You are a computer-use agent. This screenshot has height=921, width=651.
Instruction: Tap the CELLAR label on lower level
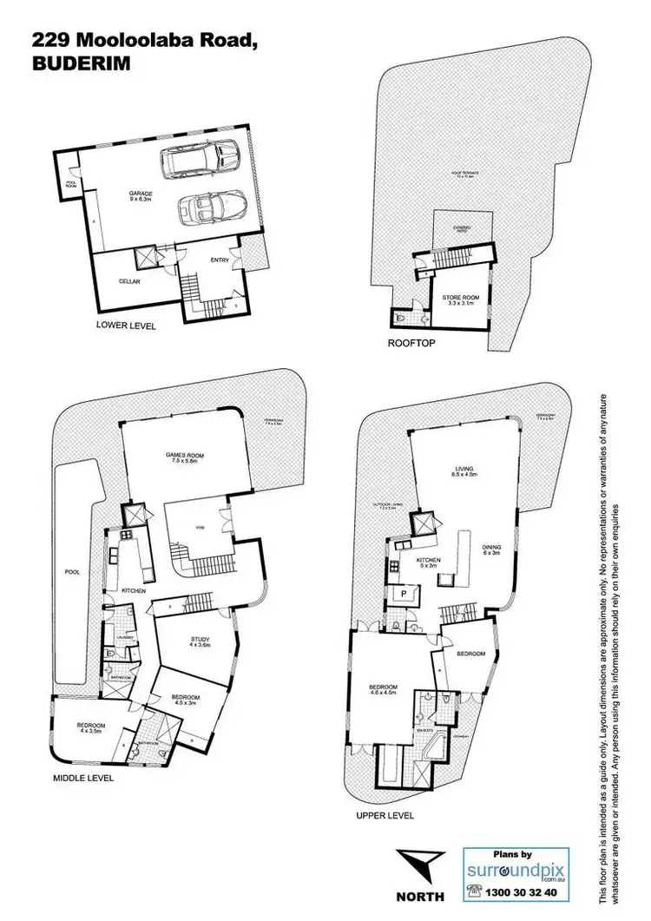point(130,281)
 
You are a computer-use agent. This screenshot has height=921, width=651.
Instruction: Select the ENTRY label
point(220,260)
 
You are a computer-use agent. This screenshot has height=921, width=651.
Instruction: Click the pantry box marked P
point(404,595)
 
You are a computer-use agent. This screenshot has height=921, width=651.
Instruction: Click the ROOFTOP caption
point(411,344)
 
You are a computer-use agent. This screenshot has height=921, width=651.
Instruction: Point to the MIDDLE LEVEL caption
point(84,779)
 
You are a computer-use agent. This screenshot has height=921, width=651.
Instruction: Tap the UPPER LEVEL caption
point(385,816)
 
